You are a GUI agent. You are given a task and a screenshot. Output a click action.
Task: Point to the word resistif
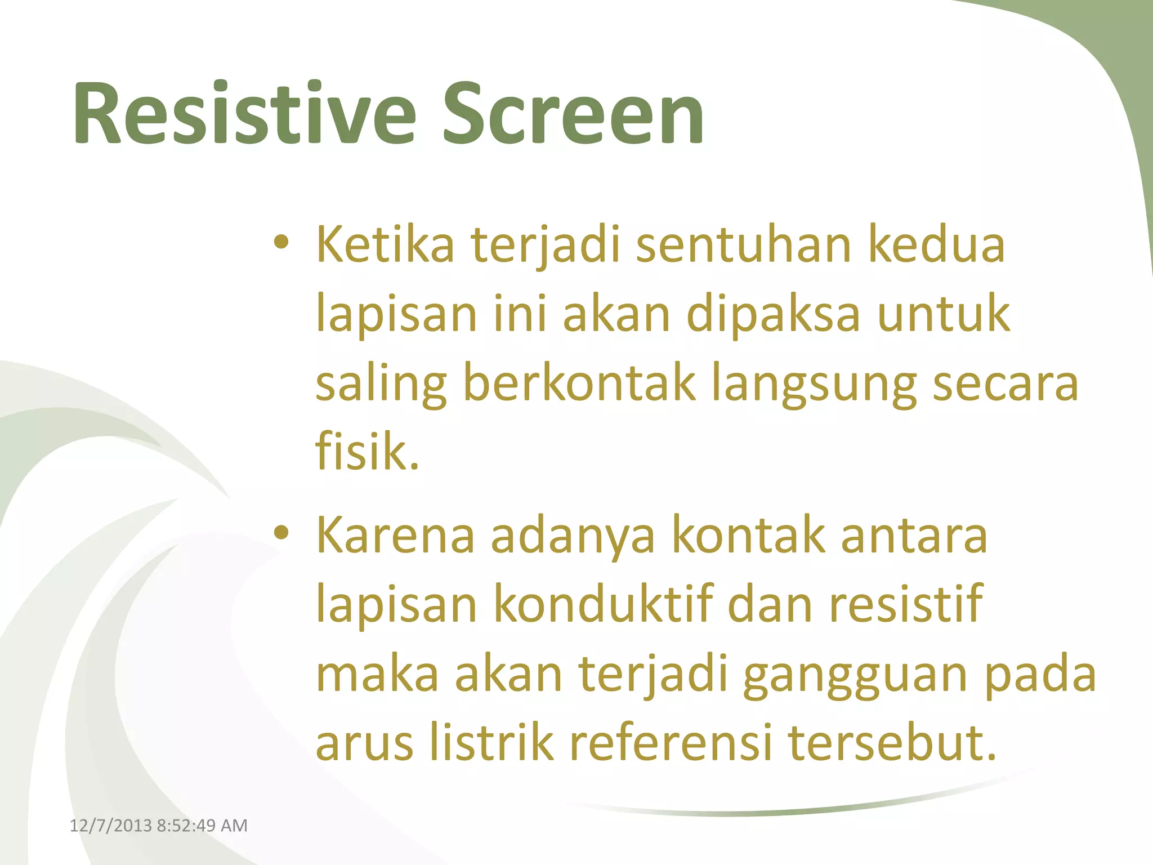pos(906,604)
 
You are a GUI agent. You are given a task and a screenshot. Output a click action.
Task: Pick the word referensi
pos(670,743)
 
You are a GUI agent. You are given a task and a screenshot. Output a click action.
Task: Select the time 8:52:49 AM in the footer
pos(202,826)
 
